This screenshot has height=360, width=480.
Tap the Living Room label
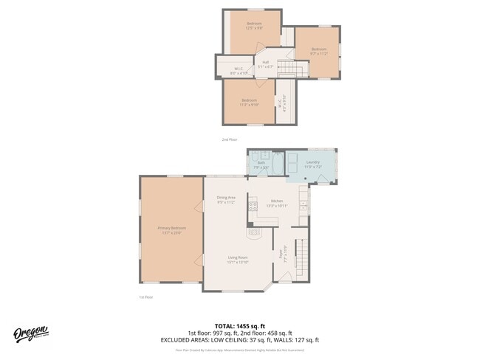pos(238,257)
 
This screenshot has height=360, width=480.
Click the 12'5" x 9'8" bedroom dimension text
pos(254,28)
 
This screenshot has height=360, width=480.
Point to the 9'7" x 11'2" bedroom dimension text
pos(318,53)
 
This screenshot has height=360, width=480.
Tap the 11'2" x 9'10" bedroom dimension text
pos(249,105)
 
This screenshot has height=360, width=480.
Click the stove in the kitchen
pos(252,206)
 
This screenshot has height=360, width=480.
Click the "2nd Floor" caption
pos(230,139)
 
